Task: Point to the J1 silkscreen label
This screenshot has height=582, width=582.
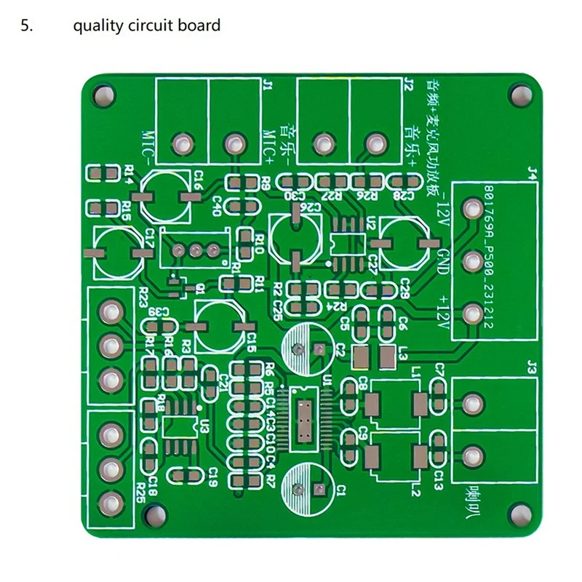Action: (266, 88)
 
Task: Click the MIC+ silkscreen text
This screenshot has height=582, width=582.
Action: (266, 145)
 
